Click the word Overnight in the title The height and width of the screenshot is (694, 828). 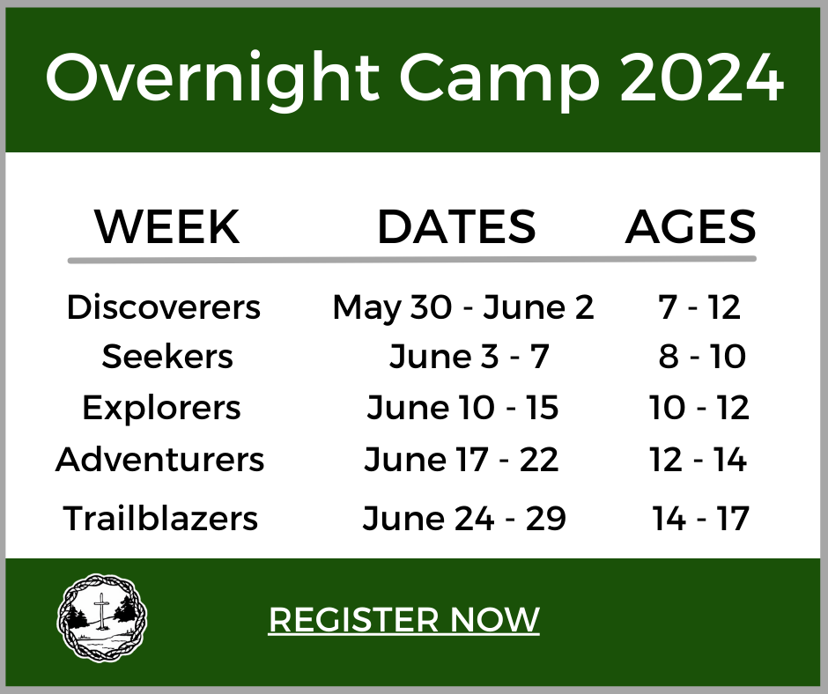click(x=212, y=79)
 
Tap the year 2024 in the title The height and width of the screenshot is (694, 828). click(x=702, y=77)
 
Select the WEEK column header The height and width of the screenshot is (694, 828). click(x=167, y=226)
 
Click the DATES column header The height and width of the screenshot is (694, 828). click(x=457, y=226)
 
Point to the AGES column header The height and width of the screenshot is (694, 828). click(x=691, y=226)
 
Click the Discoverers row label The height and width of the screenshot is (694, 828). click(x=164, y=306)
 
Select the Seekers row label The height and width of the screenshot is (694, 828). click(x=167, y=357)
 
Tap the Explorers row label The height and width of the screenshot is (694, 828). click(x=161, y=408)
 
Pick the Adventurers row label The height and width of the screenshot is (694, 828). click(x=159, y=459)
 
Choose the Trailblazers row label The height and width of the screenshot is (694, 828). click(x=160, y=518)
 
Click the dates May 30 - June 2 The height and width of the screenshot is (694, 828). click(x=463, y=308)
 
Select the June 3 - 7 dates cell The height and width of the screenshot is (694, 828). click(x=469, y=357)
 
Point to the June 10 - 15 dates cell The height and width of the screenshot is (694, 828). click(x=462, y=408)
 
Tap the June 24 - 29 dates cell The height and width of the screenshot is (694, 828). click(x=464, y=518)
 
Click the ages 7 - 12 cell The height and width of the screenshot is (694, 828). click(x=699, y=306)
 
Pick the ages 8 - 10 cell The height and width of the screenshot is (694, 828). click(x=702, y=357)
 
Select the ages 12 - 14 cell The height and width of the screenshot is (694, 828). click(x=699, y=460)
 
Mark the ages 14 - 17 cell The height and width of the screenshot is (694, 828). click(x=701, y=518)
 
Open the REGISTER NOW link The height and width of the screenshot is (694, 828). click(x=404, y=619)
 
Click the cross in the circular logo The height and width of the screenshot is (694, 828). click(x=100, y=610)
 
